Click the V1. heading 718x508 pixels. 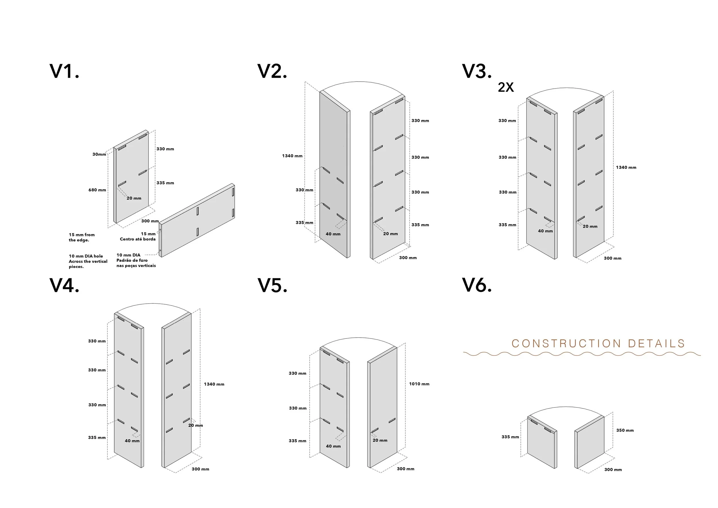click(64, 71)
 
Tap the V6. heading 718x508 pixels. click(476, 285)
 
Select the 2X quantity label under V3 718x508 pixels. click(506, 87)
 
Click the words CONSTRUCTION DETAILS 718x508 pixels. click(598, 343)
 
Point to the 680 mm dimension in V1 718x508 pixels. click(97, 190)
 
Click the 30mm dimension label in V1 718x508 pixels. click(99, 154)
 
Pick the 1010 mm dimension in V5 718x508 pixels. click(419, 384)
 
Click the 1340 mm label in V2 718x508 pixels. click(292, 156)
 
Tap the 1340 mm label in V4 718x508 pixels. click(214, 384)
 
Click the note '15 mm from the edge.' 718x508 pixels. click(81, 237)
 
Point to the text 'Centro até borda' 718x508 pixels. click(138, 239)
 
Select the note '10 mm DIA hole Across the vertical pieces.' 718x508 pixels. click(88, 261)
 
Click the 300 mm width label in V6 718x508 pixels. click(613, 469)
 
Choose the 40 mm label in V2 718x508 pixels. click(333, 234)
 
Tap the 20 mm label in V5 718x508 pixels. click(380, 440)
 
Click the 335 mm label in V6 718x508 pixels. click(510, 437)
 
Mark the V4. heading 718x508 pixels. click(64, 285)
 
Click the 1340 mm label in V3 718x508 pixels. click(626, 167)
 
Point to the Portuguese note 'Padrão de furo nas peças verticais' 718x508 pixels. click(136, 263)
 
